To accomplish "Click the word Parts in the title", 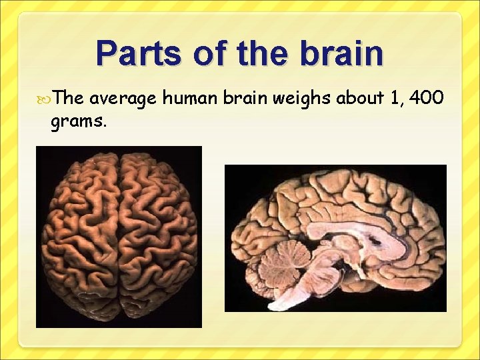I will (x=139, y=54).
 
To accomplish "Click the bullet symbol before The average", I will (x=45, y=99).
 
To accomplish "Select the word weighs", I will (x=300, y=99).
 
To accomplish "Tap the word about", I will (x=360, y=99).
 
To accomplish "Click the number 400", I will (x=427, y=99).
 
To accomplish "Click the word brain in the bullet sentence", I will (x=244, y=99).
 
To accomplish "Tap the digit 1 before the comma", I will (x=397, y=99).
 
